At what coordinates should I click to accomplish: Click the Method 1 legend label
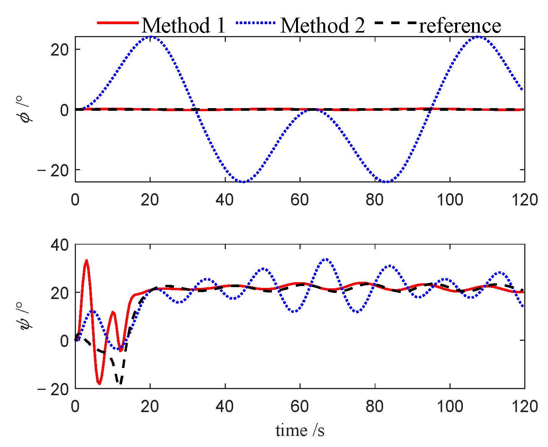coord(183,26)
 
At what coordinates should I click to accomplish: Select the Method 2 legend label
coord(323,26)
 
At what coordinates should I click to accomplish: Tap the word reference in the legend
coord(460,26)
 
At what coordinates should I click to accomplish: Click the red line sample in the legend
coord(117,23)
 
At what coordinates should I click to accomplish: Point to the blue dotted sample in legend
coord(256,23)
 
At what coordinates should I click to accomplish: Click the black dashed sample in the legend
coord(395,23)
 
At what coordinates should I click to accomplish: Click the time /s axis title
coord(300,430)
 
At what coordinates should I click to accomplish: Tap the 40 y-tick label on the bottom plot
coord(60,245)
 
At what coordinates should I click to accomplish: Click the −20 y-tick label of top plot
coord(54,170)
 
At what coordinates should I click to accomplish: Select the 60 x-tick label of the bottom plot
coord(300,406)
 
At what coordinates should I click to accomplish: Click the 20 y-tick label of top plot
coord(60,50)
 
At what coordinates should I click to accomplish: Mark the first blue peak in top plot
coord(151,37)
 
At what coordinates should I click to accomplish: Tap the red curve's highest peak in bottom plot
coord(86,261)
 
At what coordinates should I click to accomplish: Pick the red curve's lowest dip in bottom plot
coord(99,383)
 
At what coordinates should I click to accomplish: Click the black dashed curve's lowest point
coord(120,383)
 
